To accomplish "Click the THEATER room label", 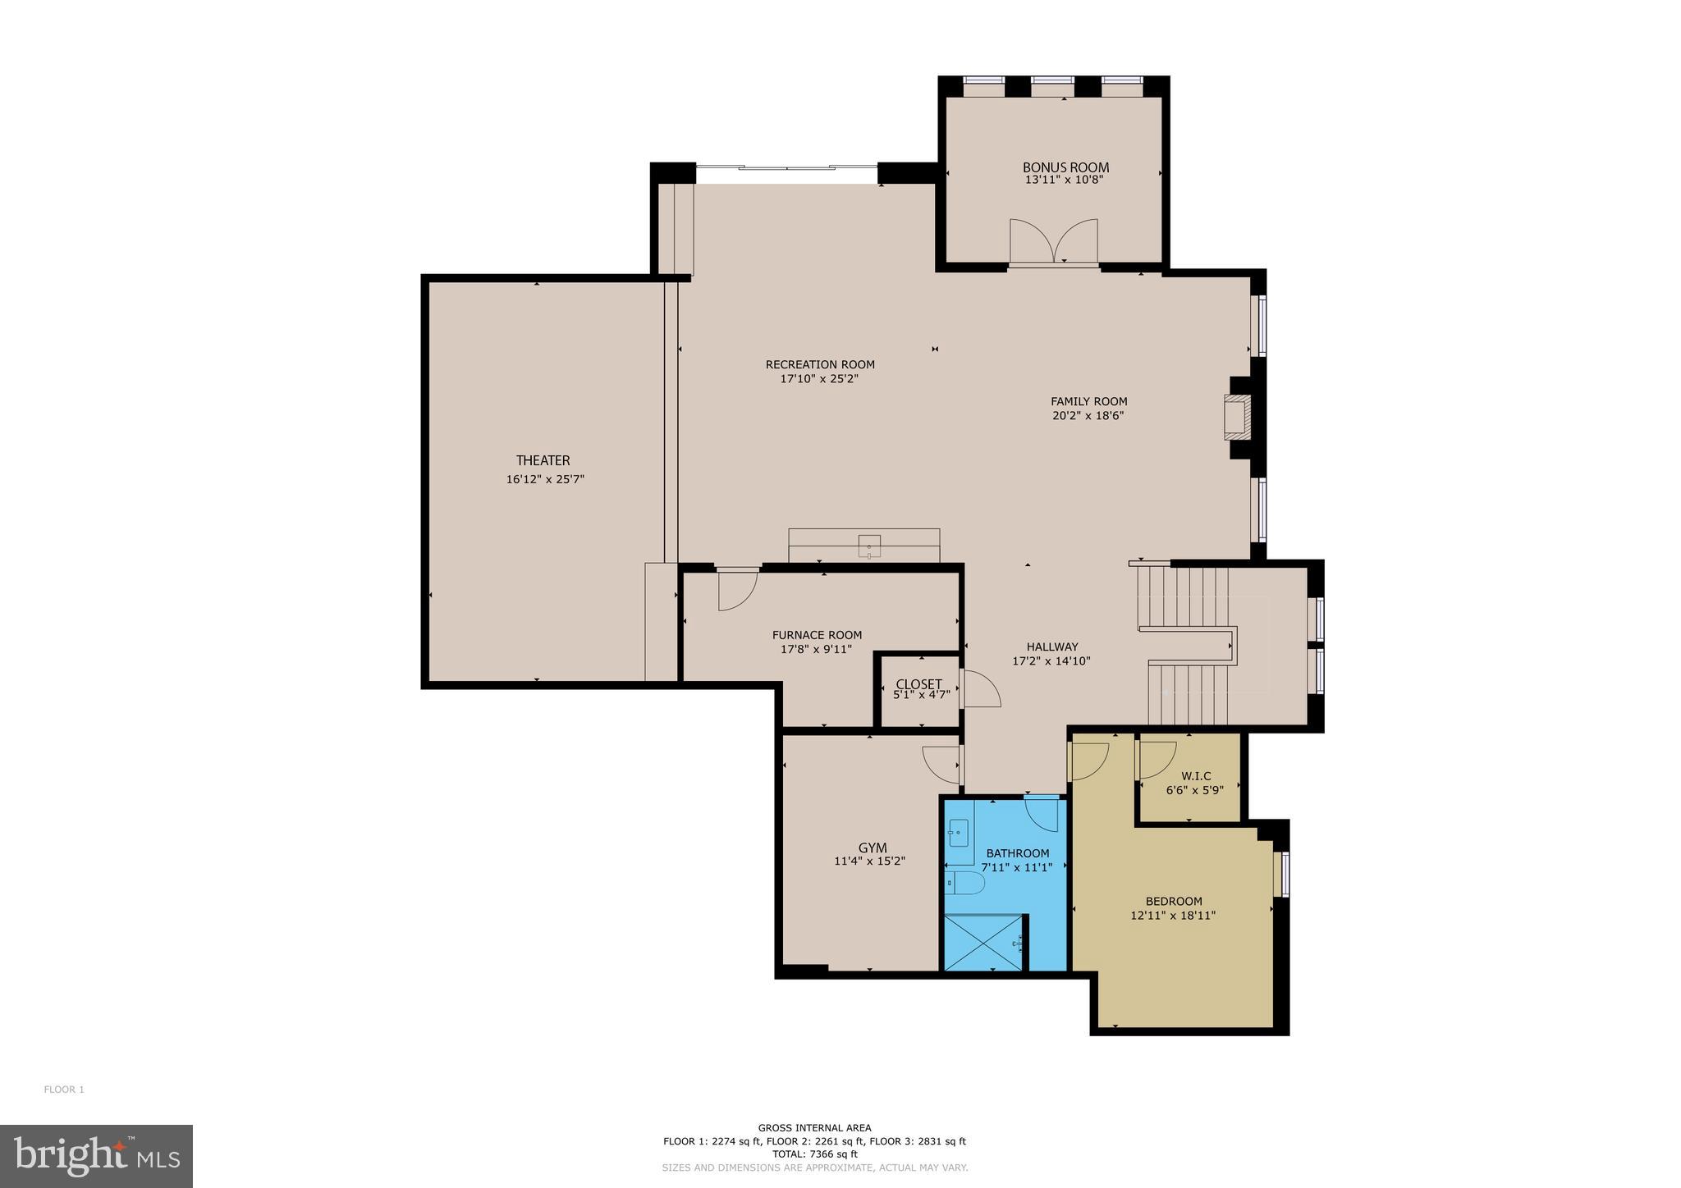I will [x=543, y=461].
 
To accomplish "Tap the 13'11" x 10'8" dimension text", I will [x=1065, y=180].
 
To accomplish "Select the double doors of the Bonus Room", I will [x=1054, y=241].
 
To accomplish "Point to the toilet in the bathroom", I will [x=967, y=884].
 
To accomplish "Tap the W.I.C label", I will [x=1195, y=776].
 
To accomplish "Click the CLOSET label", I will [x=918, y=684].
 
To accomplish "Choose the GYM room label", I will [x=872, y=848].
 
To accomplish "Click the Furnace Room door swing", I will [x=736, y=590].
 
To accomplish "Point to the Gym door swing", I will [x=941, y=764].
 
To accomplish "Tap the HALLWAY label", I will [x=1051, y=647].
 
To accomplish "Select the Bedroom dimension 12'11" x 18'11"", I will [x=1172, y=916].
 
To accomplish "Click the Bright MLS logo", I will [x=96, y=1156].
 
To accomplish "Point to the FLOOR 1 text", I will [x=64, y=1090].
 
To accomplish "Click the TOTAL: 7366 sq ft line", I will [x=814, y=1153].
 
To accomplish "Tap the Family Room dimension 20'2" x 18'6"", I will [x=1088, y=416].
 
